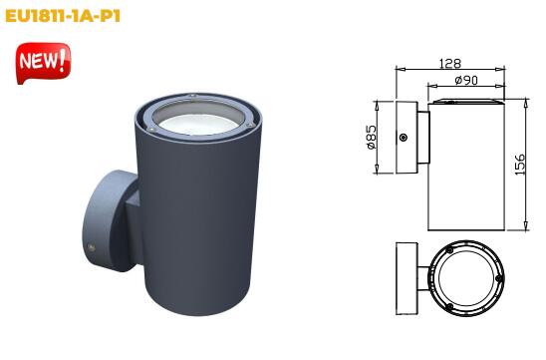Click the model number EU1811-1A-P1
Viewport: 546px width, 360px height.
tap(63, 16)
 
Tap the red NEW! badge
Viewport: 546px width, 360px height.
tap(43, 63)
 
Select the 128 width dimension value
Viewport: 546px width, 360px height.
tap(450, 64)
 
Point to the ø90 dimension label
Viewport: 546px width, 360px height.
tap(466, 80)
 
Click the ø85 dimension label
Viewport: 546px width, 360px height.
tap(372, 137)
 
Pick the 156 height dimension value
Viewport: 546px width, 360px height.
tap(519, 165)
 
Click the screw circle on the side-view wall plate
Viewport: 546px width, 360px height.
tap(404, 138)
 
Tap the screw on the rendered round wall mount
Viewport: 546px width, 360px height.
tap(92, 247)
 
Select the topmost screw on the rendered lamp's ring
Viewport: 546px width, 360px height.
tap(191, 96)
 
